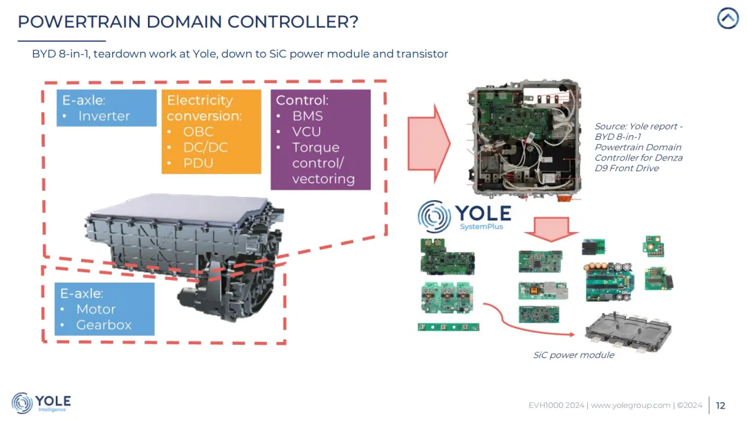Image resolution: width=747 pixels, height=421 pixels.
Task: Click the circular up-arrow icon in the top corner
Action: point(728,18)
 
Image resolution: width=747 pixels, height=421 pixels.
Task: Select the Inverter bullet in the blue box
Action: point(104,116)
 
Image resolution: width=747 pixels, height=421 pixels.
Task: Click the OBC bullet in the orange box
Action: point(199,132)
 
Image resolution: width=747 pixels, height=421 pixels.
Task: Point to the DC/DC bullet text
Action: point(205,147)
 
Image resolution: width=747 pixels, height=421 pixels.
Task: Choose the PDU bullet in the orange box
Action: point(199,163)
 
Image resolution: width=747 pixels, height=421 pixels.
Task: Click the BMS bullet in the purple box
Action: point(308,116)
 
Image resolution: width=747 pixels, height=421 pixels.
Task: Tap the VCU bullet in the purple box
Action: point(307,132)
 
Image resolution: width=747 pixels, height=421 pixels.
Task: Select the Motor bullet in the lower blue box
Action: point(95,310)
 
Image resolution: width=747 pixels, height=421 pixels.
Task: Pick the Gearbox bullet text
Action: point(104,325)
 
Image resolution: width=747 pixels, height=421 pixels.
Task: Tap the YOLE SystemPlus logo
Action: point(464,217)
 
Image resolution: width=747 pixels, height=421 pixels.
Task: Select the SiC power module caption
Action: point(573,355)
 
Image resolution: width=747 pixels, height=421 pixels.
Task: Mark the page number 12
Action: point(721,406)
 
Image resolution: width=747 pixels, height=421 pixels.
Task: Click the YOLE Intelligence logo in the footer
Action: point(41,403)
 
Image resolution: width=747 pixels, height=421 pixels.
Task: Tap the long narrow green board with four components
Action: point(448,326)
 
